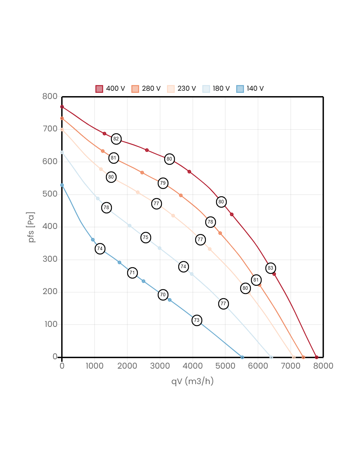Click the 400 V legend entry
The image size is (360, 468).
[x=110, y=89]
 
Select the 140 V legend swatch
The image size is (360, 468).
[x=240, y=89]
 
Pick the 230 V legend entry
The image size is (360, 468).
[x=181, y=89]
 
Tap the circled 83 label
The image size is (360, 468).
[x=270, y=268]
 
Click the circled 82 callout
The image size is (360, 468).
[x=116, y=139]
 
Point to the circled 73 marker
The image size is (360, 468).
[x=197, y=320]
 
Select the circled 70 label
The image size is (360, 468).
[x=163, y=295]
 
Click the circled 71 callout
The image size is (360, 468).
[x=132, y=273]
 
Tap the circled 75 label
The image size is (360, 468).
[x=146, y=238]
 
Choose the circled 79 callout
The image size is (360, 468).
[x=163, y=183]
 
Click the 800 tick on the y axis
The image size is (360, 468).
[x=50, y=96]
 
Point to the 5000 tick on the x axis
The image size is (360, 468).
[x=225, y=366]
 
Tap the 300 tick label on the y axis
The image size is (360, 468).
[x=50, y=259]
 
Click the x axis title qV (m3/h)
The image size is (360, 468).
[x=193, y=381]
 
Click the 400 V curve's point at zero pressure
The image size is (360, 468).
[x=316, y=357]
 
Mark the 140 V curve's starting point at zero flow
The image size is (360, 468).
[x=62, y=185]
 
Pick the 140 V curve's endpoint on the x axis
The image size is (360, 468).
[x=242, y=357]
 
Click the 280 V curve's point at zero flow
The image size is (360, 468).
[x=62, y=118]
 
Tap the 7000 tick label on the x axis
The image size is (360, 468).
[x=291, y=366]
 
